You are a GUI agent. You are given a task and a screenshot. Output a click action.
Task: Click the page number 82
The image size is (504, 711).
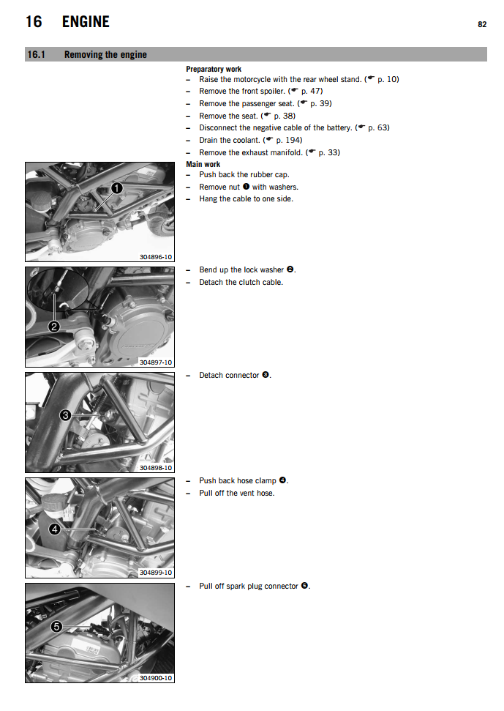[482, 24]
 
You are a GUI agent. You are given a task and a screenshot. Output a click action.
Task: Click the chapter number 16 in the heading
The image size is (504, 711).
[34, 22]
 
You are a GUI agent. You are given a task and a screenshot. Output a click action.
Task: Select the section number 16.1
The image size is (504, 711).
[37, 54]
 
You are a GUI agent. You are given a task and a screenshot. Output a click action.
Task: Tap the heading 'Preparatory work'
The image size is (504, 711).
[214, 69]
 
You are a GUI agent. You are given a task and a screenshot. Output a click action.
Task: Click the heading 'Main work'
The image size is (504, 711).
[203, 164]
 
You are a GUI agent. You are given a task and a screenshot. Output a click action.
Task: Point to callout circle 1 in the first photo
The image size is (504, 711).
[116, 188]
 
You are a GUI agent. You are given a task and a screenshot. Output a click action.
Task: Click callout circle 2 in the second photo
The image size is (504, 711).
[53, 327]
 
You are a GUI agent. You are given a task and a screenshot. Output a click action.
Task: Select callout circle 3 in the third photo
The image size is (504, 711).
[65, 415]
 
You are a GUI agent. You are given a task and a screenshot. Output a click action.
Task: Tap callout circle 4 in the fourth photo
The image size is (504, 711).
[54, 529]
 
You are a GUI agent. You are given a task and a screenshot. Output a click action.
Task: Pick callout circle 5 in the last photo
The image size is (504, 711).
[56, 626]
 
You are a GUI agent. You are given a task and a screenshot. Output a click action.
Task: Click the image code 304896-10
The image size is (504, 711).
[155, 257]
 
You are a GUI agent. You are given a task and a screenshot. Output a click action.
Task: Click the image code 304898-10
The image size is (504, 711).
[155, 467]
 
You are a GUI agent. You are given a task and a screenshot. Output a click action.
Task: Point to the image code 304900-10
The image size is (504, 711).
[155, 677]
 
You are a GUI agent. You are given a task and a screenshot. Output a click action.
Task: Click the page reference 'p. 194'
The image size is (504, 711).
[289, 140]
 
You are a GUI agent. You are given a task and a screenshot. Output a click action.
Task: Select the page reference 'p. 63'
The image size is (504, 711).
[378, 127]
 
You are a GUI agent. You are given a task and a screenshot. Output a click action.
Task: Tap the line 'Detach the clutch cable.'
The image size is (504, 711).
[241, 282]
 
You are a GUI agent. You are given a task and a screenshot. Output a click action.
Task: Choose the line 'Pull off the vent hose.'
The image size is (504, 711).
[236, 493]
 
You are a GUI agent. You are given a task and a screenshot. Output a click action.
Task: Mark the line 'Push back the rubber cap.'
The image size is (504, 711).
[244, 174]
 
